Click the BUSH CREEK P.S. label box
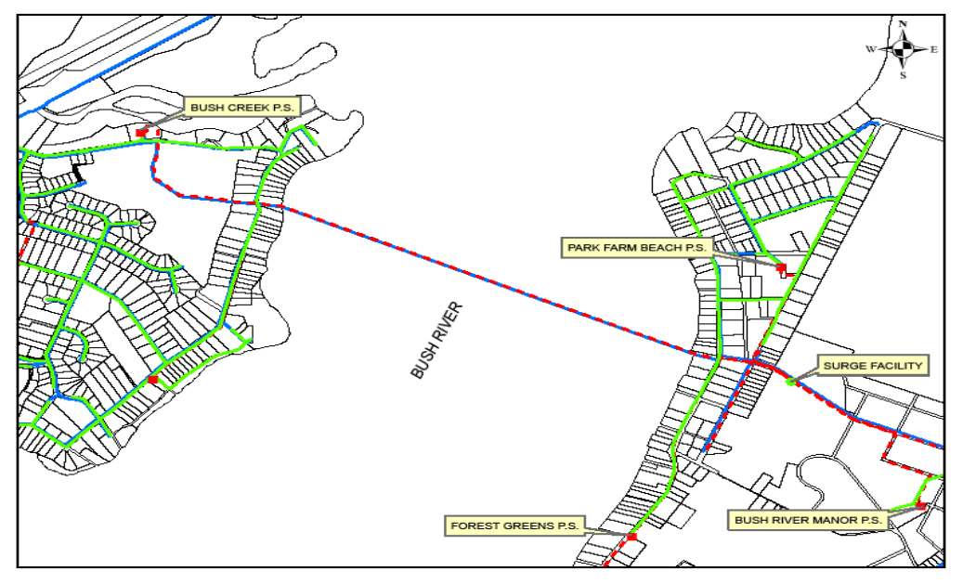[241, 108]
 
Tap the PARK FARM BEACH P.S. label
[636, 247]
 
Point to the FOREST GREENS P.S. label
[514, 526]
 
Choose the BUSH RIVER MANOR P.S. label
[807, 521]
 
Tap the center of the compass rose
[904, 48]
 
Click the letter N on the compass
[904, 25]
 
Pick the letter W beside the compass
[870, 49]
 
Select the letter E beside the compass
[934, 49]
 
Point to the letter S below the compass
[903, 75]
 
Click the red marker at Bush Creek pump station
[141, 134]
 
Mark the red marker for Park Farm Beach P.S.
[781, 268]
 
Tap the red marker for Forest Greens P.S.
[631, 537]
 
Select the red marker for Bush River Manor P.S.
[920, 506]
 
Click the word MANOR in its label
[831, 521]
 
